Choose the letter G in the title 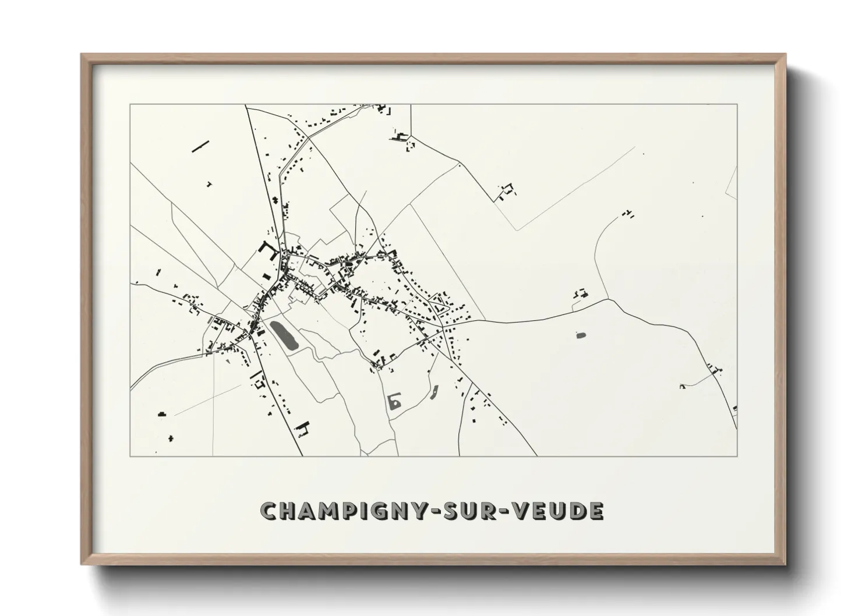(x=375, y=511)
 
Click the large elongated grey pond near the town (x=284, y=335)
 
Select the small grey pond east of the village (x=580, y=335)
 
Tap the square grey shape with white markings (x=395, y=401)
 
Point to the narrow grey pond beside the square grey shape (x=434, y=394)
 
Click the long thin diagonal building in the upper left (x=200, y=146)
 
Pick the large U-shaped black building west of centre (x=269, y=253)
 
